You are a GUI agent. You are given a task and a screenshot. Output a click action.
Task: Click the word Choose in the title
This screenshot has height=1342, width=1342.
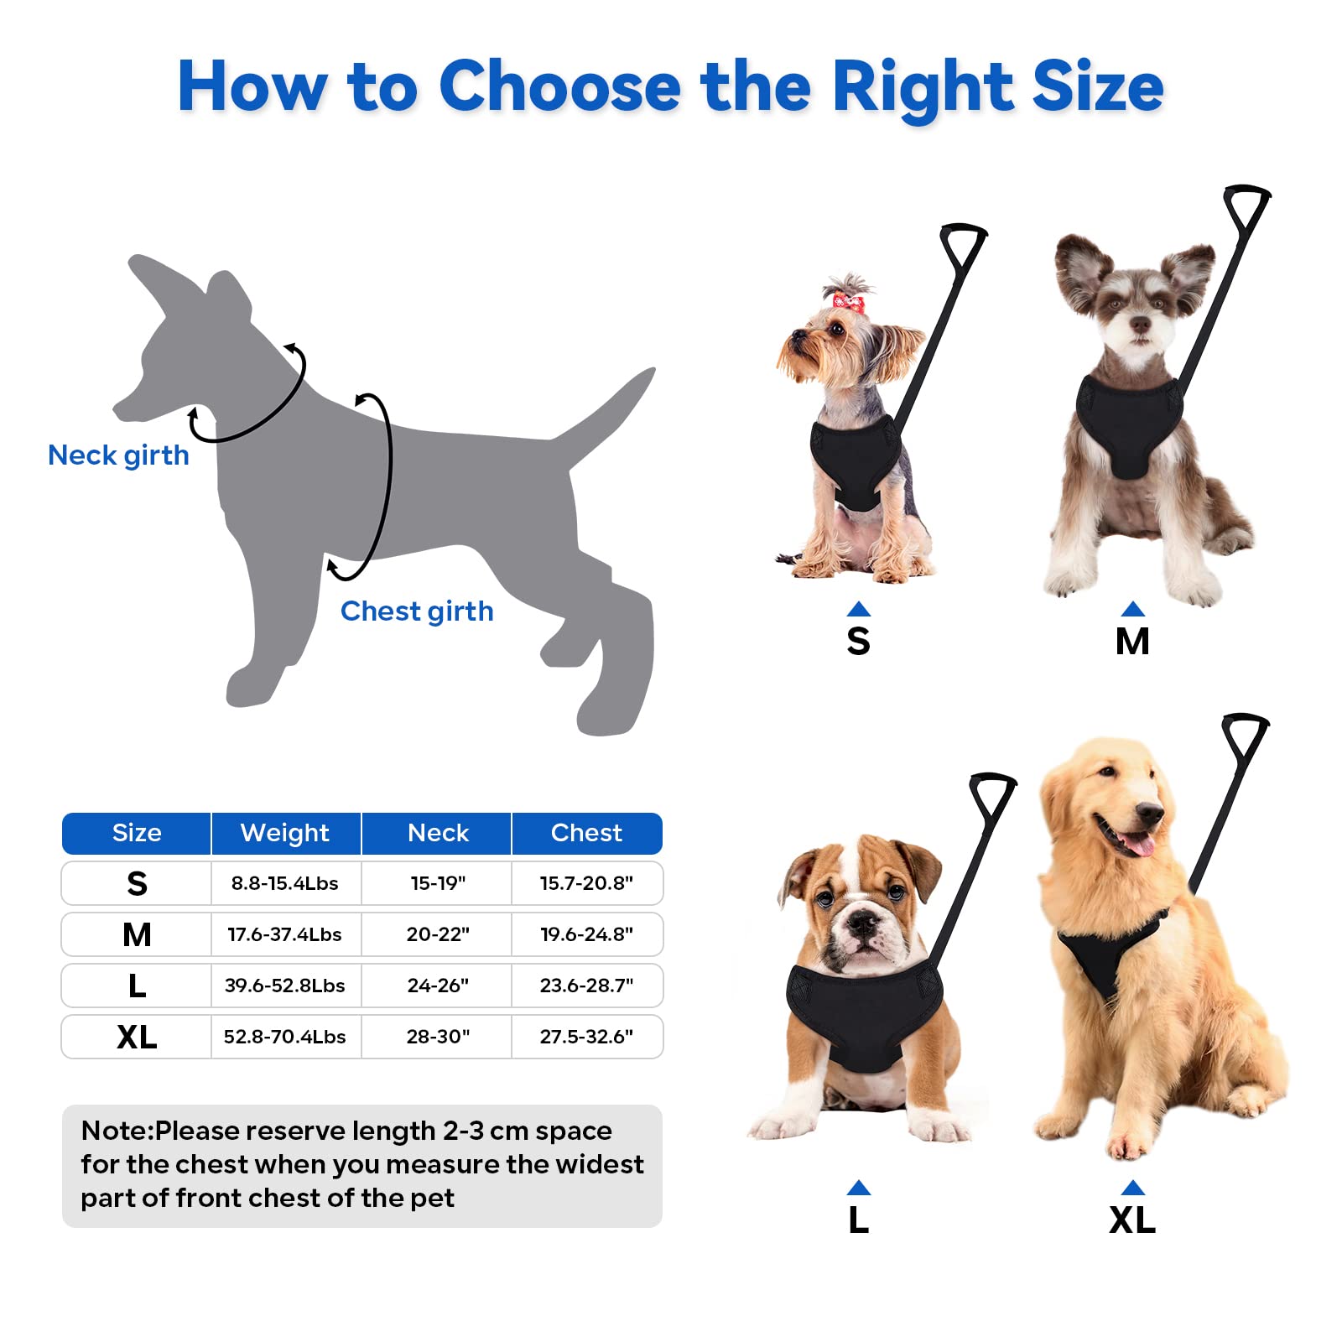coord(559,86)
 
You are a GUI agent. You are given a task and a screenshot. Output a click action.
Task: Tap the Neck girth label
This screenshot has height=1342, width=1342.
coord(118,455)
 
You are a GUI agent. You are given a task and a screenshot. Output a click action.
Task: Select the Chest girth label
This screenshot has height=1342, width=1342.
coord(417,611)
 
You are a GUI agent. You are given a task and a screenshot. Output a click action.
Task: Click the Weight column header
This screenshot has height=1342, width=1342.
coord(285,833)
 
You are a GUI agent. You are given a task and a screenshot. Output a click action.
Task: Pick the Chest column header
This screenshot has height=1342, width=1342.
coord(586,833)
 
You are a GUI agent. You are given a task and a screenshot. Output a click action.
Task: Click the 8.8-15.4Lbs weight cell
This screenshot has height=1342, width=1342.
coord(285,883)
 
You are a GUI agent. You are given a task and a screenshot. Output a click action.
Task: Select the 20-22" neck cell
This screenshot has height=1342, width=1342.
coord(438,934)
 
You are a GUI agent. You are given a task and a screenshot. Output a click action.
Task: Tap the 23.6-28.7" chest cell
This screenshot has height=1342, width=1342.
coord(586,986)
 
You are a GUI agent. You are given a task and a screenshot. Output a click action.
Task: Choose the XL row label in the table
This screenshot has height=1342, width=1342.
coord(137,1038)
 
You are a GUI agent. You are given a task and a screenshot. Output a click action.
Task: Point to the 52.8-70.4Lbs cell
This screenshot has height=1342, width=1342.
coord(285,1037)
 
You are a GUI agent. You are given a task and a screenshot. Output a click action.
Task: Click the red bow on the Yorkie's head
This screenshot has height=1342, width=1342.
coord(845,299)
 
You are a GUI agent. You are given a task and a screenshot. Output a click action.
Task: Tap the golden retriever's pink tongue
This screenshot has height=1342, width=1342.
coord(1137,843)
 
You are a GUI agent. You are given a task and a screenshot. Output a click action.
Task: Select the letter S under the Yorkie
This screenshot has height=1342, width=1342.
coord(858,642)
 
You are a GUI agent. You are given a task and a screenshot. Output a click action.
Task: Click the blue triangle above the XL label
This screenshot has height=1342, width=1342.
coord(1132,1187)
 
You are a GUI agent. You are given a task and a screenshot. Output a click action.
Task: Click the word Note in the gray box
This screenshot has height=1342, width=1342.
coord(114,1131)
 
